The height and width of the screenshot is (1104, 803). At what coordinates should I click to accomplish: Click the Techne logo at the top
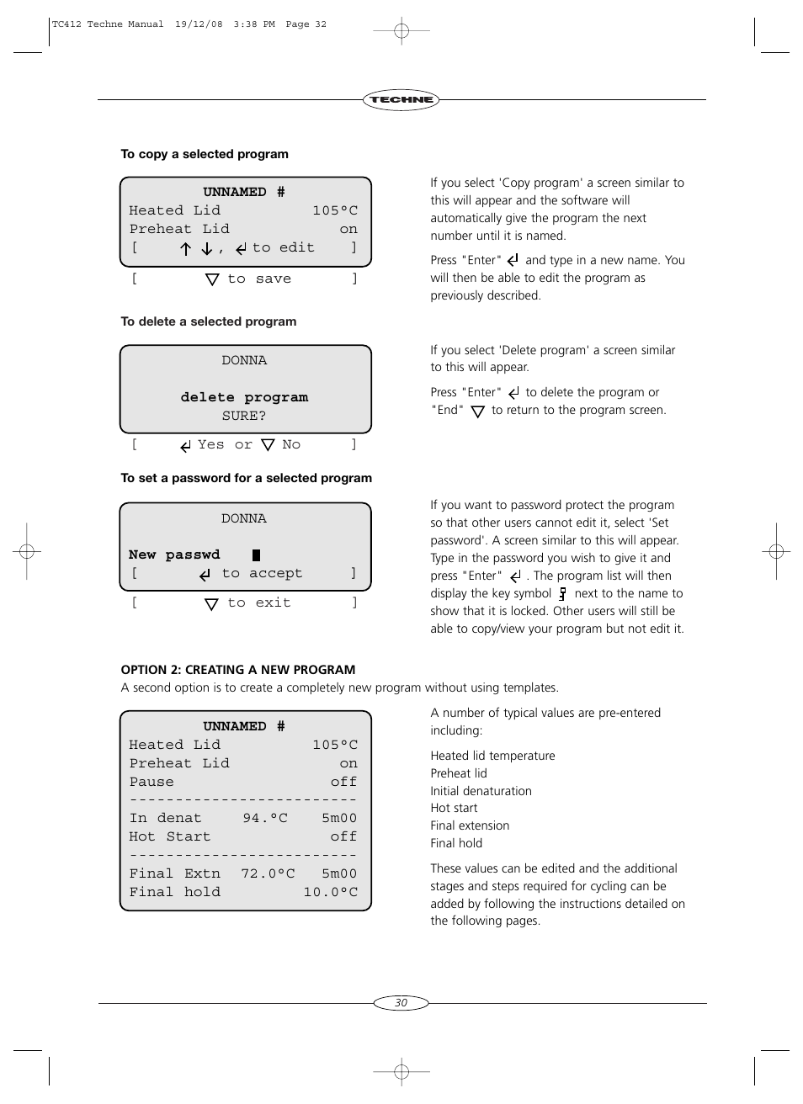point(401,99)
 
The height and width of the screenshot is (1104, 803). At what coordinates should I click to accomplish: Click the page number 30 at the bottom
point(401,1002)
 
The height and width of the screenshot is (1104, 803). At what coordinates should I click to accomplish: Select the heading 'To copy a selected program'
point(205,154)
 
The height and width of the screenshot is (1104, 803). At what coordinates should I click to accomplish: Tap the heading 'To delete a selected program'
point(208,321)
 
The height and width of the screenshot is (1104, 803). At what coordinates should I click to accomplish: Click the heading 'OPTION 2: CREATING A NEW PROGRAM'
point(238,670)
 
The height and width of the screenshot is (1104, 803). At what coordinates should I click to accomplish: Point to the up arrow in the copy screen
point(186,249)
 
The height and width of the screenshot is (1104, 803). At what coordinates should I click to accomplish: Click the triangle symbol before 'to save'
point(212,279)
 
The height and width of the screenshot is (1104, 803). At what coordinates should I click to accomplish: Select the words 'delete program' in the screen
point(244,397)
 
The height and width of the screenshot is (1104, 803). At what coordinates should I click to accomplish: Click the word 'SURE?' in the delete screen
point(244,416)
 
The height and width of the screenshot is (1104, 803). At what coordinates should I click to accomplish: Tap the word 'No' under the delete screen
point(291,444)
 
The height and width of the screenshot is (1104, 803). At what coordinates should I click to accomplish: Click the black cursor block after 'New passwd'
point(257,555)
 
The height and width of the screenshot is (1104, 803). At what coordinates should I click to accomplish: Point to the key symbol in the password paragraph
point(562,593)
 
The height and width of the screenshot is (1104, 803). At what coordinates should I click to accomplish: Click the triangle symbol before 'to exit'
point(212,603)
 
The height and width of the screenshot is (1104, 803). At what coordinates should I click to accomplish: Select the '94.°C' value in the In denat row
point(265,818)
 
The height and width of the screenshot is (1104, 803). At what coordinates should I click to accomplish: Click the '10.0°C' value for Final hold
point(330,892)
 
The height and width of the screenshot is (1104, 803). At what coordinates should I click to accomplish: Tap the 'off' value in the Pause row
point(343,782)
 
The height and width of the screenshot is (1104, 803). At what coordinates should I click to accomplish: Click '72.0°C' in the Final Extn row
point(268,873)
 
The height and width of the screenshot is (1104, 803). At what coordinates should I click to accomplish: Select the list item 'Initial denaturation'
point(481,791)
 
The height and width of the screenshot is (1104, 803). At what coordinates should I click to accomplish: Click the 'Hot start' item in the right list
point(454,808)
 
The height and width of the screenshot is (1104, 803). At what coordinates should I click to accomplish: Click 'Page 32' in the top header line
point(306,24)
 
